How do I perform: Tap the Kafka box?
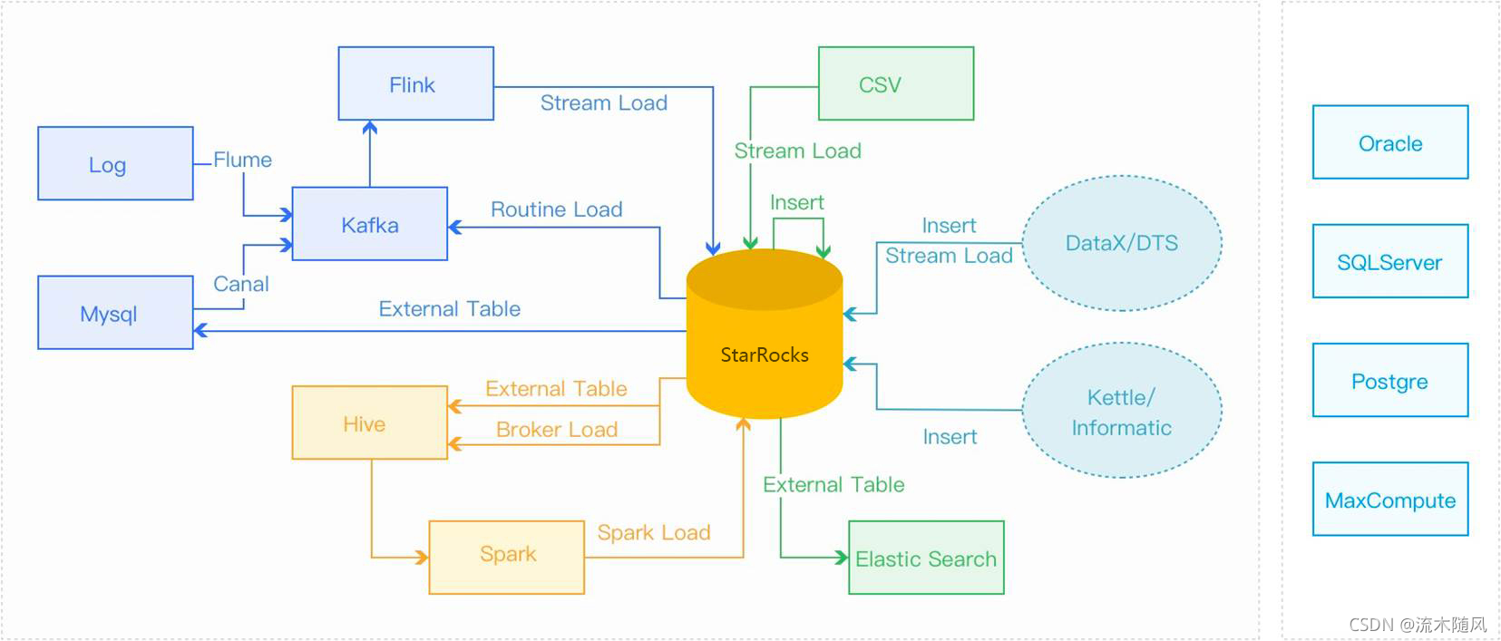pyautogui.click(x=369, y=224)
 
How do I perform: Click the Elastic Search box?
pyautogui.click(x=925, y=558)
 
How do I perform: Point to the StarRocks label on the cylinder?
pyautogui.click(x=764, y=354)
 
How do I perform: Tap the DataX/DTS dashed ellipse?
pyautogui.click(x=1121, y=243)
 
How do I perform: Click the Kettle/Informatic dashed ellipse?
pyautogui.click(x=1121, y=411)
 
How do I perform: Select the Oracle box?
pyautogui.click(x=1389, y=142)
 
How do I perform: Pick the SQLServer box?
pyautogui.click(x=1389, y=261)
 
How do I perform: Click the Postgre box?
pyautogui.click(x=1389, y=380)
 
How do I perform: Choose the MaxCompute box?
pyautogui.click(x=1389, y=499)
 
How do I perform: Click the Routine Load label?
pyautogui.click(x=556, y=209)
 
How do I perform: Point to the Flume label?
pyautogui.click(x=242, y=160)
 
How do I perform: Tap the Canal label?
pyautogui.click(x=240, y=284)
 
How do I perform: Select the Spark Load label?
pyautogui.click(x=653, y=532)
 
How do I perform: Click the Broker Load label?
pyautogui.click(x=556, y=429)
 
